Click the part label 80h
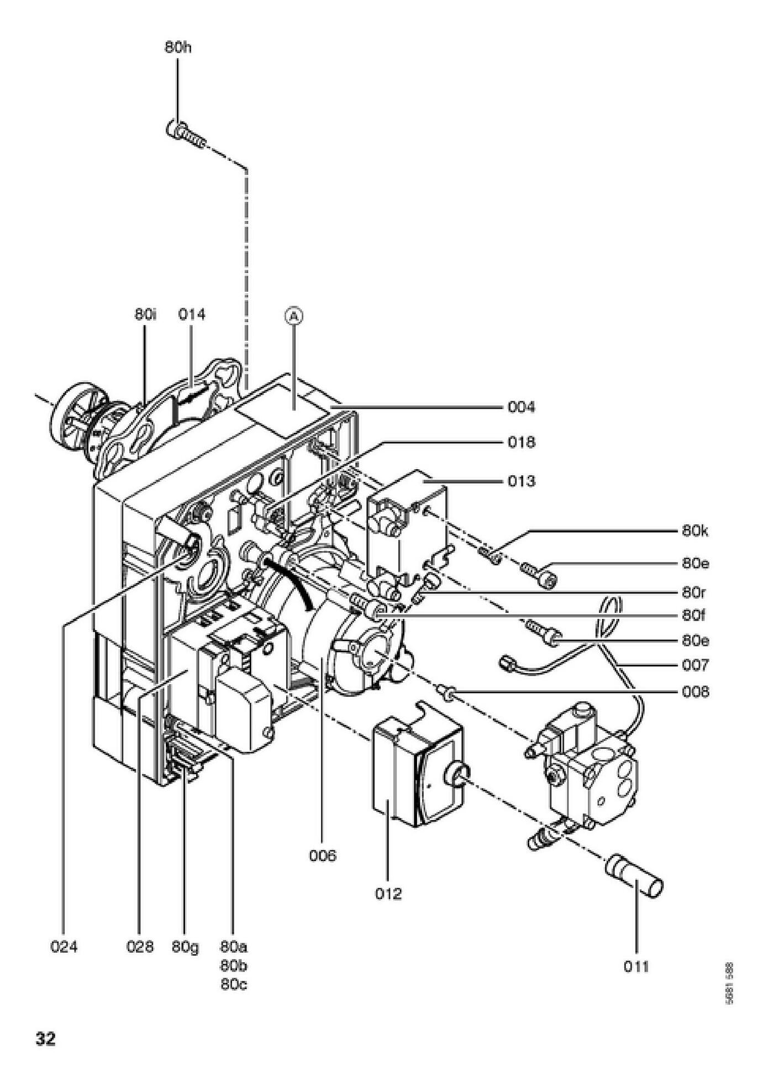178,48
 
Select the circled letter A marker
294,316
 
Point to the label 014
191,314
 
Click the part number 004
521,407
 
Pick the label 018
521,443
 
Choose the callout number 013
521,481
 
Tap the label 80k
695,531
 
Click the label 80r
694,593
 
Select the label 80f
694,615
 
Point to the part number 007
694,665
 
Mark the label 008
694,692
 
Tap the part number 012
388,894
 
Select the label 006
322,856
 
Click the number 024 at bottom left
64,947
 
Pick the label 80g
185,947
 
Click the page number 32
46,1040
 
